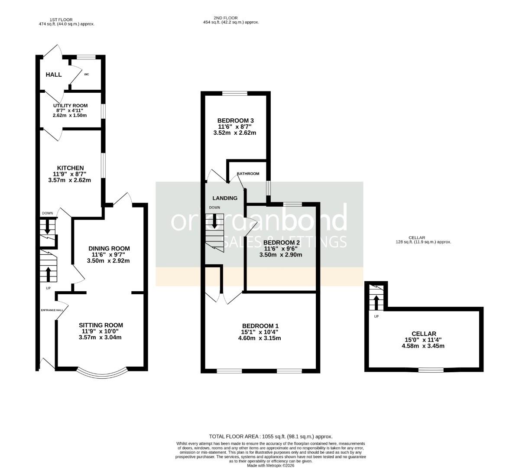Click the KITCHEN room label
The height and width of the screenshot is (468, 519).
[70, 168]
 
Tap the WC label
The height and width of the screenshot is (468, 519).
[86, 75]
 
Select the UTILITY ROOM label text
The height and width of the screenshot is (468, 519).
[70, 106]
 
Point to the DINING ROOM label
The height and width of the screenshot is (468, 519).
[109, 248]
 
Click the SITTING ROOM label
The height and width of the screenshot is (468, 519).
[101, 325]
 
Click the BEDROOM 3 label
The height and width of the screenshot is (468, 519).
[235, 120]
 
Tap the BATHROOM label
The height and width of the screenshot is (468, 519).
[248, 174]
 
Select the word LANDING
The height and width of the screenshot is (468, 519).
[225, 198]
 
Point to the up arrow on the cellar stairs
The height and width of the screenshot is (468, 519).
[376, 302]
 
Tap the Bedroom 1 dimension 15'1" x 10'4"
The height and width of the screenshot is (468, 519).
[259, 332]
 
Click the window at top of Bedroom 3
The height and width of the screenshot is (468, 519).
[235, 93]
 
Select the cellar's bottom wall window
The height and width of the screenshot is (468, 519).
[431, 370]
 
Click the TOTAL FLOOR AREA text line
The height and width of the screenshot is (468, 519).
[270, 436]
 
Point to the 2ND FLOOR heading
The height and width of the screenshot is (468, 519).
[230, 20]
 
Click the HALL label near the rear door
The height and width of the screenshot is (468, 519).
[54, 75]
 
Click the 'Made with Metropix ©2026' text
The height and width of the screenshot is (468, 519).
[271, 465]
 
